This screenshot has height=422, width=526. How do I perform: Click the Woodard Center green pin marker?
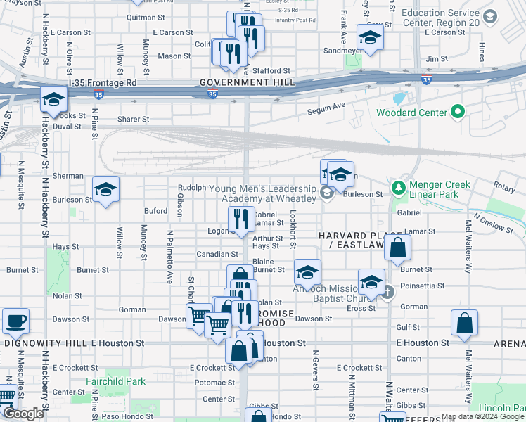tap(458, 112)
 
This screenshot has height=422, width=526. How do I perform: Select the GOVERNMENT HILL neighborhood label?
tap(245, 82)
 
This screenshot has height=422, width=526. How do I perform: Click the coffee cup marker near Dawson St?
tap(16, 321)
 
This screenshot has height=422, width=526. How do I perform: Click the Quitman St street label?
tap(146, 16)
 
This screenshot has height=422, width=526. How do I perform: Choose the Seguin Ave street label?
tap(327, 106)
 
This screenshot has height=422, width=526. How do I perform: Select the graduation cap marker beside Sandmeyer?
tap(370, 37)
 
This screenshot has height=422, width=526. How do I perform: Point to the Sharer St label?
tap(133, 120)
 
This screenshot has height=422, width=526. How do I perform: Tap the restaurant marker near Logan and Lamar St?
tap(242, 218)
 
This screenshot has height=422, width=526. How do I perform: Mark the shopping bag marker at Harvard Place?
tap(397, 248)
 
